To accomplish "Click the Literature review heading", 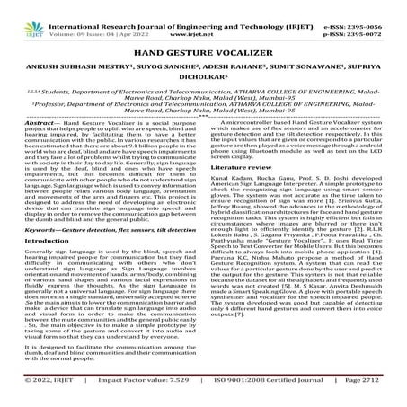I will click(x=244, y=193).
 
